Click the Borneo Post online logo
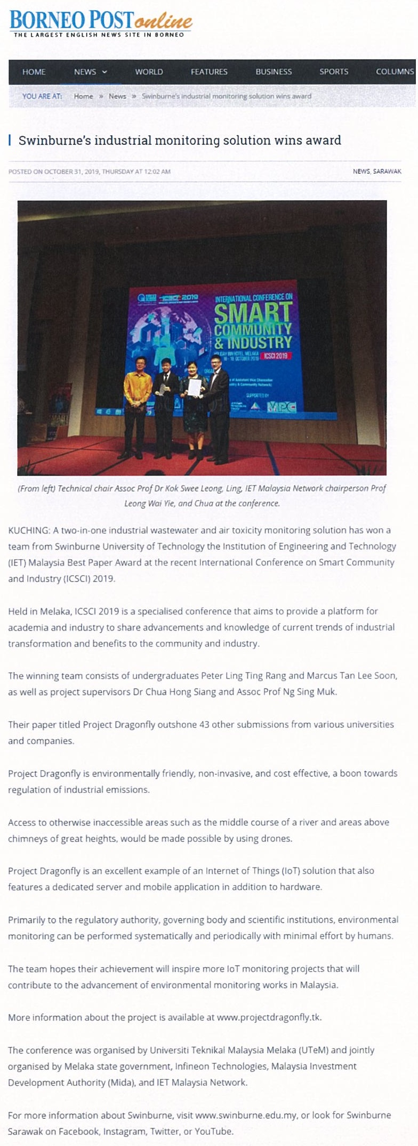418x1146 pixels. (100, 23)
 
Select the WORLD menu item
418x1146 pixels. (149, 72)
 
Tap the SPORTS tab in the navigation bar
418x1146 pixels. (334, 72)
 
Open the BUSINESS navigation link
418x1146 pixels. (274, 72)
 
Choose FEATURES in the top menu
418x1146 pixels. (209, 72)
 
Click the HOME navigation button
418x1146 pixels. (34, 72)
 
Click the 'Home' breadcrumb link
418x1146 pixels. (83, 96)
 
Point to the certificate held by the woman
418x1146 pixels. (195, 387)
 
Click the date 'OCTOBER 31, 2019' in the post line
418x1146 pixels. (71, 171)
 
